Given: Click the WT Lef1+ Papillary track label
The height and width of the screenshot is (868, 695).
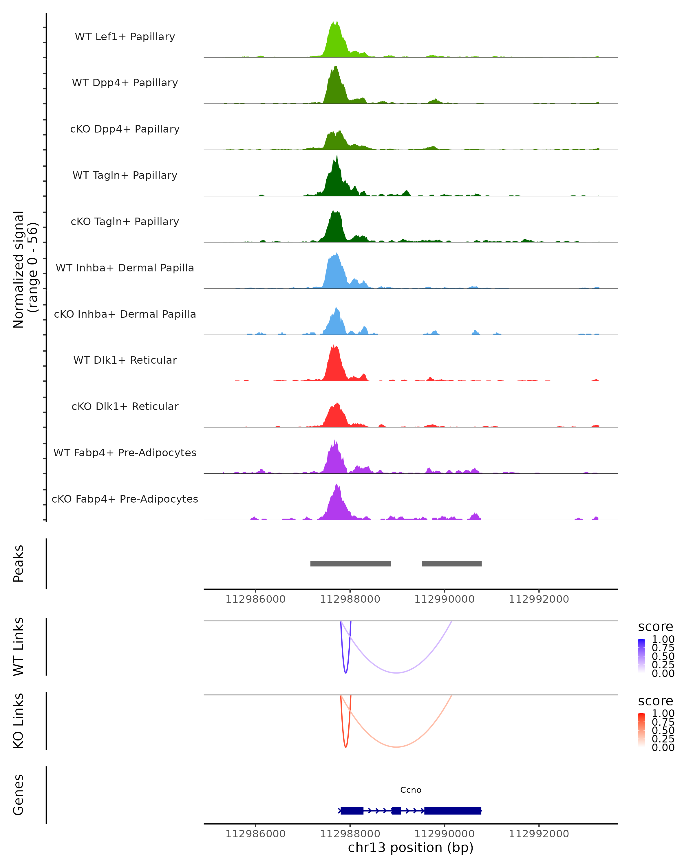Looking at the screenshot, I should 125,37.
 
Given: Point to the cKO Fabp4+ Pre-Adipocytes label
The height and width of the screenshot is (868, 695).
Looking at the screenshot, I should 125,499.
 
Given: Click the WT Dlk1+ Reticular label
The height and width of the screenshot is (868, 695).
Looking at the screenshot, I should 125,360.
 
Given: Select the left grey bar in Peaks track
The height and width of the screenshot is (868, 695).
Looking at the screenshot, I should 350,564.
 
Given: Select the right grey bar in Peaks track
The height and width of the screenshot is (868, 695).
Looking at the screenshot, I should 452,564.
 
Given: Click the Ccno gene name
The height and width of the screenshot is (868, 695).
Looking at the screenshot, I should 411,790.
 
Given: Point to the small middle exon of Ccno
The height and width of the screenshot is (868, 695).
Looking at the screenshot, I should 396,810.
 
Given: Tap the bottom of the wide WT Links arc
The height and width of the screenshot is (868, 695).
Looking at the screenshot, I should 396,673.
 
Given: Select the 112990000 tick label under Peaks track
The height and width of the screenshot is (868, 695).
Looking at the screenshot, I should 445,599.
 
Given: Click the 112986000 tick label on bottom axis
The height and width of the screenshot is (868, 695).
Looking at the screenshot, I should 255,834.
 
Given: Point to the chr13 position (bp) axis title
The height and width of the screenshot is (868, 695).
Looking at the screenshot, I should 411,848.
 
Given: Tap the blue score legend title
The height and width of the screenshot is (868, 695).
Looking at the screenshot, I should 655,627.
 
